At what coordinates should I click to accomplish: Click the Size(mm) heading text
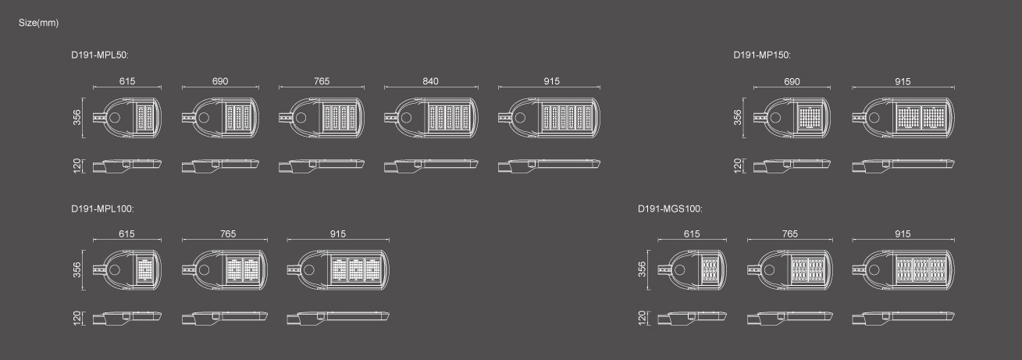coord(38,23)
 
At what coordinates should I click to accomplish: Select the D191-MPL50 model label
coord(100,55)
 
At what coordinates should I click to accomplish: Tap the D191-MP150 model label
coord(762,55)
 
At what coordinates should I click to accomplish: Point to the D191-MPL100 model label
coord(102,209)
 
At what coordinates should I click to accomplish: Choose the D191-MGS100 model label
coord(670,209)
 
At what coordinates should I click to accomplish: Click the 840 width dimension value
coord(430,81)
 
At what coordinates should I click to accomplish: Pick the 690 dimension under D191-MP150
coord(792,82)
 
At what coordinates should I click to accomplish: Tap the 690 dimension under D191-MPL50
coord(220,81)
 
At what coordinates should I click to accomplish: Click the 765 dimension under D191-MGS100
coord(790,233)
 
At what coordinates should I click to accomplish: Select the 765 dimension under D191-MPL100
coord(228,233)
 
